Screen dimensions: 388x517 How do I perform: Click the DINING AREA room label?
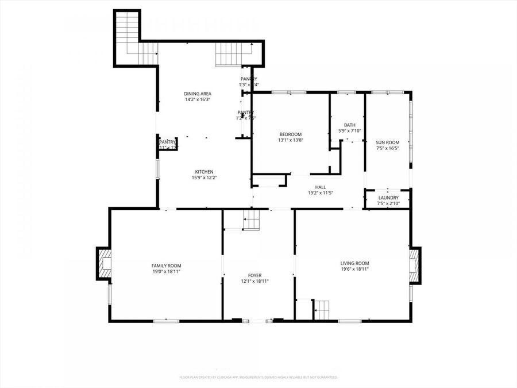tap(198, 94)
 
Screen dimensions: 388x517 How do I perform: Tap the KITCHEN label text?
tap(204, 172)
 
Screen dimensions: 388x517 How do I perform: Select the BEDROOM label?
tap(290, 135)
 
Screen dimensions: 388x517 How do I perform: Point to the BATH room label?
tap(349, 125)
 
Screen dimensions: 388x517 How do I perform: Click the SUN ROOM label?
tap(387, 143)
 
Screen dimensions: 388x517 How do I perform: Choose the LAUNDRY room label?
tap(388, 198)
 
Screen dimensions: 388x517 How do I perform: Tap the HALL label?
tap(321, 187)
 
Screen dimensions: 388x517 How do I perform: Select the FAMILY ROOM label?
tap(166, 266)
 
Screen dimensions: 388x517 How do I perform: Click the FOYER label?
tap(254, 275)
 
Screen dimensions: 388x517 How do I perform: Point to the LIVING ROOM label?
tap(354, 263)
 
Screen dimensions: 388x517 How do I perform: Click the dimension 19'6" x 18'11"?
tap(354, 269)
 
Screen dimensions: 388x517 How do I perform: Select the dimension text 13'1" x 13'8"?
tap(290, 140)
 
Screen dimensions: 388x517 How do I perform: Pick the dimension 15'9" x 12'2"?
tap(204, 178)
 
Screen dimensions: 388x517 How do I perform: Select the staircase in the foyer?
tap(251, 220)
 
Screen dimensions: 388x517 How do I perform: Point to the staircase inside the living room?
tap(322, 309)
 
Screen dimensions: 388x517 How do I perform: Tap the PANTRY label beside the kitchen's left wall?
tap(168, 142)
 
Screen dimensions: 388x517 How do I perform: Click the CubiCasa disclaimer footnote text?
tap(258, 377)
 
